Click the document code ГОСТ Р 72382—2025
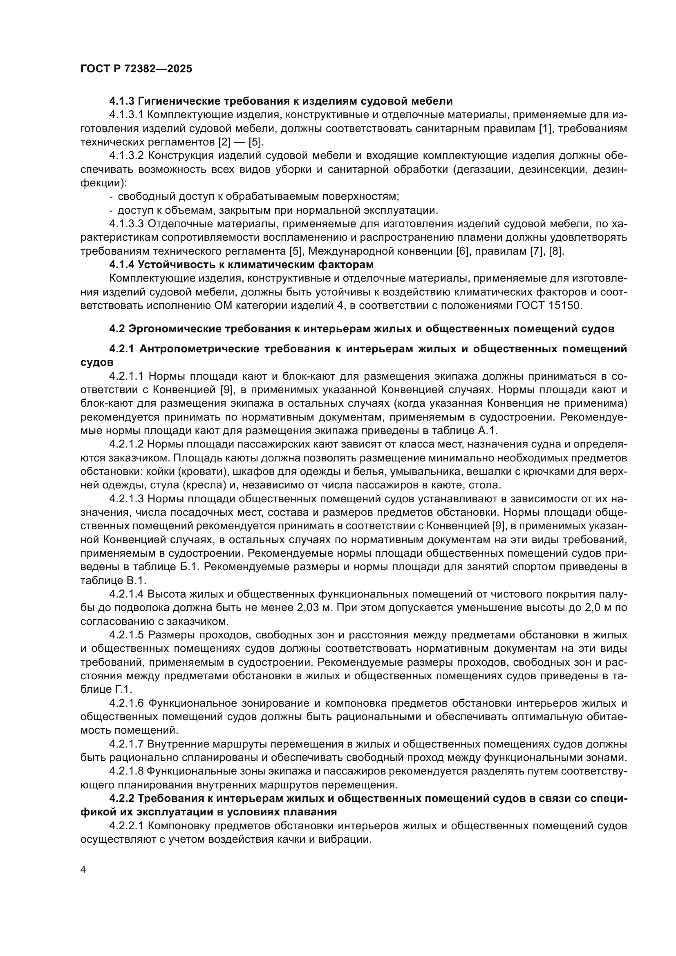136,69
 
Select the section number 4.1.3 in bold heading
121,101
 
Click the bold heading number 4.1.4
121,265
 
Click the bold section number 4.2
117,329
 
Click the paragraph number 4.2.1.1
127,376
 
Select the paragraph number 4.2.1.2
127,444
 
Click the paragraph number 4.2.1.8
127,771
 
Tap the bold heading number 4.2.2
121,798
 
